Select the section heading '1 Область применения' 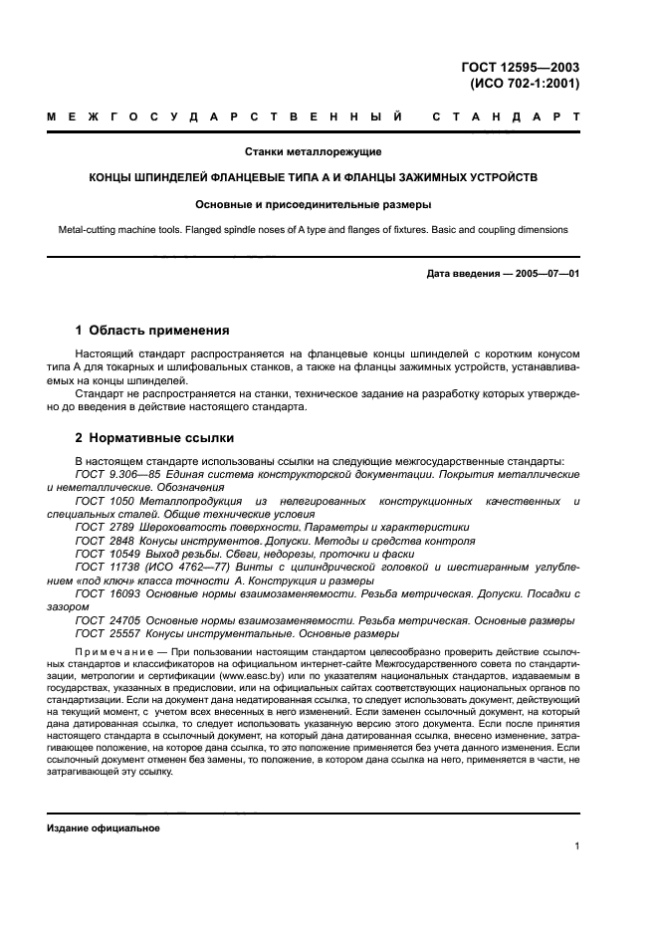[x=153, y=330]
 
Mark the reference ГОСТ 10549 [x=106, y=554]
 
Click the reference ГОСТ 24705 [x=106, y=619]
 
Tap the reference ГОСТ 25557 [x=106, y=633]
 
